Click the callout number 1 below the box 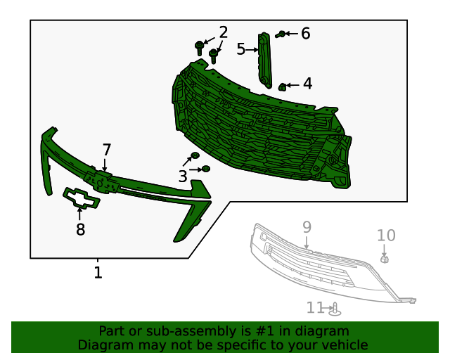pos(98,272)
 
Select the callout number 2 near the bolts pos(223,32)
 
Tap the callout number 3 pos(182,176)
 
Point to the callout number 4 pos(307,84)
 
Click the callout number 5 pos(240,49)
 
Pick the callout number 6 pos(305,33)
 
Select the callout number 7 pos(106,150)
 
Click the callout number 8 pos(80,229)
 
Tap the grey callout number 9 pos(307,226)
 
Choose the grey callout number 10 pos(386,236)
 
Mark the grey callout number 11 pos(315,308)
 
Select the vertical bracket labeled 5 pos(265,60)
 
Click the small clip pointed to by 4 pos(282,86)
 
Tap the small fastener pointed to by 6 pos(281,34)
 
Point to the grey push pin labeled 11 pos(335,309)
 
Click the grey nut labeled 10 pos(385,259)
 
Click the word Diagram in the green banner pos(102,345)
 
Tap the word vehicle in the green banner pos(344,345)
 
